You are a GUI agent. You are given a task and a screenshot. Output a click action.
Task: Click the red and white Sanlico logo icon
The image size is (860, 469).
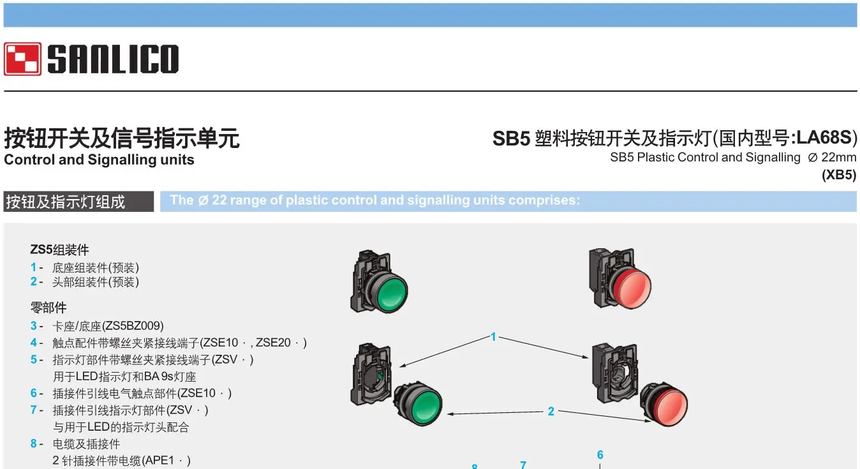pyautogui.click(x=22, y=59)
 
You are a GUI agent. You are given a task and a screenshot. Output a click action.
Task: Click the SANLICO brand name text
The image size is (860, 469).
pyautogui.click(x=113, y=59)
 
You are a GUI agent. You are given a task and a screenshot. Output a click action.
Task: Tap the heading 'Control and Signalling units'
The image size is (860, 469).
pyautogui.click(x=99, y=160)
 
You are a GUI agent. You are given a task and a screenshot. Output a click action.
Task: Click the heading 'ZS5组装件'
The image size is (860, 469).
pyautogui.click(x=60, y=249)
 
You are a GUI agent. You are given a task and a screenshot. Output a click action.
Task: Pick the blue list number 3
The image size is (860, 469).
pyautogui.click(x=33, y=326)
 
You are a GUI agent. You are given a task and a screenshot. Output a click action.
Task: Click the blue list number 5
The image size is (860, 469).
pyautogui.click(x=33, y=359)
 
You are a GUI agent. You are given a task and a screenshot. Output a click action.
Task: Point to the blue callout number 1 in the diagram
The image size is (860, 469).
pyautogui.click(x=493, y=336)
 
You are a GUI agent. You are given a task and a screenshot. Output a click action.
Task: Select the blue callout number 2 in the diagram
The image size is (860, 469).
pyautogui.click(x=551, y=412)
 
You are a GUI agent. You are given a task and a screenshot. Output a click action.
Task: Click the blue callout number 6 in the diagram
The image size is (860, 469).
pyautogui.click(x=600, y=455)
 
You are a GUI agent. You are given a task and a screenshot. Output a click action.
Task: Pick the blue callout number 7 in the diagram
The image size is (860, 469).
pyautogui.click(x=523, y=465)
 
